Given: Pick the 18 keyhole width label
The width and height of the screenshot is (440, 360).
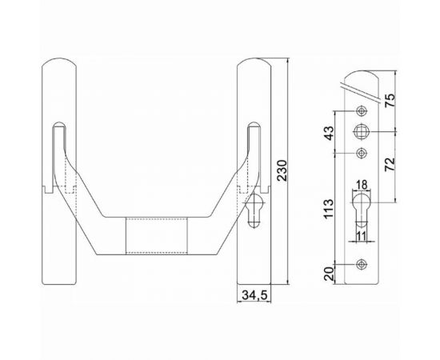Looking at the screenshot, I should [x=361, y=183].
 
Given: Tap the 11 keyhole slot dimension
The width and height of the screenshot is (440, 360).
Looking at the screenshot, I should [x=361, y=238].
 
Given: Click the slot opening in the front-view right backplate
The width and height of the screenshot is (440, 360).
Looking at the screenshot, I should [x=254, y=152].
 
